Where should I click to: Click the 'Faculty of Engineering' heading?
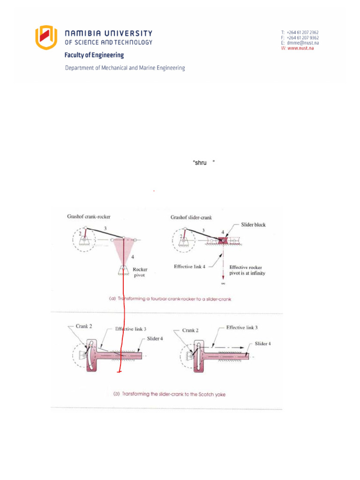pos(94,55)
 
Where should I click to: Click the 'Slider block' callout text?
pos(253,225)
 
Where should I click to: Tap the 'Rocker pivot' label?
pos(140,272)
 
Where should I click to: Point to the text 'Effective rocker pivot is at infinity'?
pos(247,270)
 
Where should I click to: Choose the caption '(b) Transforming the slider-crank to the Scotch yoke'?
pos(169,394)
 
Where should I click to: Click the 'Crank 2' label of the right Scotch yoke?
pos(191,330)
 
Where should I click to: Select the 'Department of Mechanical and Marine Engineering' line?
pos(125,68)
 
